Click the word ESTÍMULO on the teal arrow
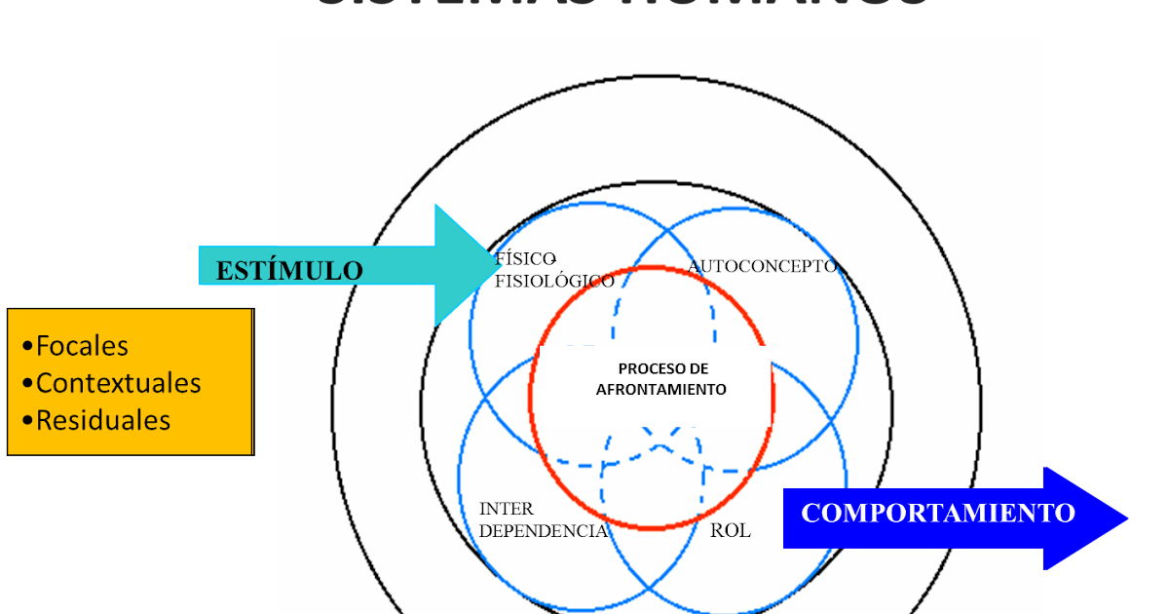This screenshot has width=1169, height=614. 288,270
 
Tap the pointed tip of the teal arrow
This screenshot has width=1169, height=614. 491,265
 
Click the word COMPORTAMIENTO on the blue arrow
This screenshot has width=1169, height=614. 937,513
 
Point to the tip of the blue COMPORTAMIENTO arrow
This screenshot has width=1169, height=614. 1127,518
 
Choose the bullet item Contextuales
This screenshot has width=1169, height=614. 118,383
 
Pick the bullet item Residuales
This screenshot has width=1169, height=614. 102,420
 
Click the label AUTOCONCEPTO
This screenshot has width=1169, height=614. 762,266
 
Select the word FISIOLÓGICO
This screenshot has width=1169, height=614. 554,282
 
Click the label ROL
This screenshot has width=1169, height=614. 731,531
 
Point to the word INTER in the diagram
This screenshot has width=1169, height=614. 506,509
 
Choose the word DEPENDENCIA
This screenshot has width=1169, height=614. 544,531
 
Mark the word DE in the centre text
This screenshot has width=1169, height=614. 698,369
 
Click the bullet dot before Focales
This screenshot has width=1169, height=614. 27,347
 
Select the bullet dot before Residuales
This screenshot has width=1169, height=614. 27,421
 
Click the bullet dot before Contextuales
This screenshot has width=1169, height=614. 27,384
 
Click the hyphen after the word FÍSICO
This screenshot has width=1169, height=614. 553,258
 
